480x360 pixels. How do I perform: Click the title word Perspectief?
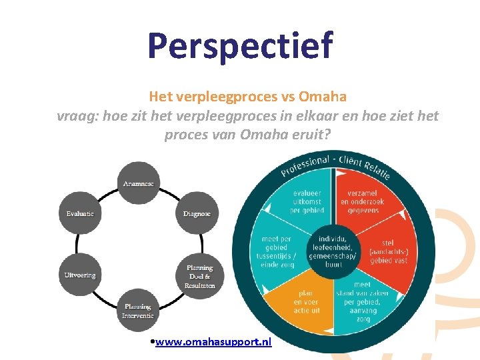tap(240, 45)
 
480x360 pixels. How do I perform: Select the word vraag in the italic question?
tap(74, 115)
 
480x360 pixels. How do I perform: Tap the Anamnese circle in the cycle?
tap(139, 183)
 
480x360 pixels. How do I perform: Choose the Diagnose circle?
tap(197, 213)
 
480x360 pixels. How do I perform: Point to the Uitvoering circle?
tap(80, 275)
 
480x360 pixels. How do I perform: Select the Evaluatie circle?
tap(80, 213)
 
